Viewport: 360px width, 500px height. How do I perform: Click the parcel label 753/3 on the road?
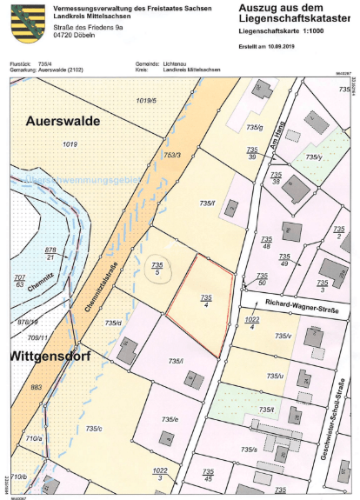pyautogui.click(x=171, y=155)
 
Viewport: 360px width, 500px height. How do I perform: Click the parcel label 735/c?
pyautogui.click(x=93, y=428)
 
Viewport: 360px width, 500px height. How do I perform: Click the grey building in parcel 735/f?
pyautogui.click(x=231, y=208)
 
